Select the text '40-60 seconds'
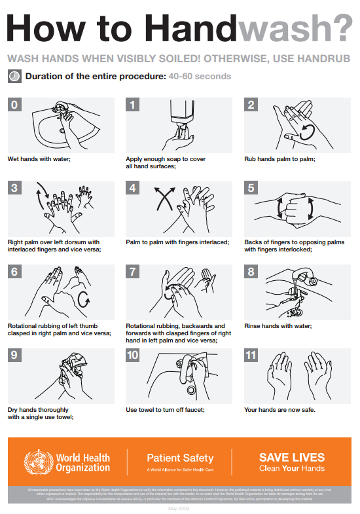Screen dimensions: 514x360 tap(200, 77)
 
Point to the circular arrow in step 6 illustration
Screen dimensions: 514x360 tap(84, 299)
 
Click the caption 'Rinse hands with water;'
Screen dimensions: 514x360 tap(278, 325)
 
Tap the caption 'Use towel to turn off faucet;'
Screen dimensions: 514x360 tap(166, 409)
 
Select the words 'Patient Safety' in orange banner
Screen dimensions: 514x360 tap(180, 458)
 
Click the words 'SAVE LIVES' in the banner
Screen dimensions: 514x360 tap(291, 458)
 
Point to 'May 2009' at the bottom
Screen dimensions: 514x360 tap(179, 508)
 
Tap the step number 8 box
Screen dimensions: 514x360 tap(252, 272)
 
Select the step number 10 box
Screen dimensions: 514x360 tap(134, 356)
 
